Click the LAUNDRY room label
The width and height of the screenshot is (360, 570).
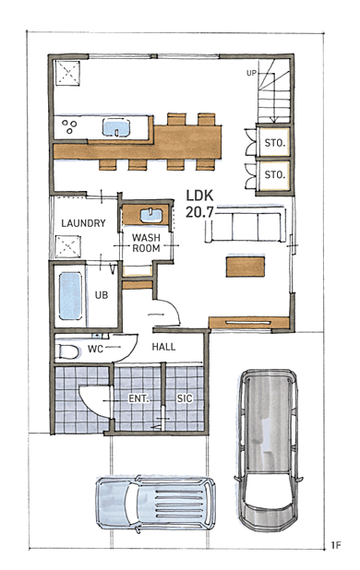(x=83, y=223)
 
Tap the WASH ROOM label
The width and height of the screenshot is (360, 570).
(x=146, y=243)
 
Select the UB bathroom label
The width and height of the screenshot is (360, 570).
(x=102, y=295)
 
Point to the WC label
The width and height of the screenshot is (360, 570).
(x=96, y=349)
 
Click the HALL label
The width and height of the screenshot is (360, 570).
(x=163, y=347)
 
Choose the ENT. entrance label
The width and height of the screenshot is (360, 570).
(x=138, y=398)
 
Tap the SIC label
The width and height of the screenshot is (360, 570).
(x=185, y=398)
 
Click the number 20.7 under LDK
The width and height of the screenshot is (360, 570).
(x=199, y=212)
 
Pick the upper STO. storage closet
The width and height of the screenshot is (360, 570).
(x=274, y=142)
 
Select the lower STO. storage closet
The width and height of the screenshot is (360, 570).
(x=274, y=175)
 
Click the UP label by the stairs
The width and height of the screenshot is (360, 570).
(x=251, y=73)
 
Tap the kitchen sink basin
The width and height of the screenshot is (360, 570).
(x=116, y=128)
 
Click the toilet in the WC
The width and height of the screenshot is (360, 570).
(x=69, y=351)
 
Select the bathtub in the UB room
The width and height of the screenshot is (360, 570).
(x=70, y=296)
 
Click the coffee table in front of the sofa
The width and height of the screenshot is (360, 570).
(x=246, y=267)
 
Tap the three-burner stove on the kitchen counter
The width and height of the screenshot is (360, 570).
(x=69, y=127)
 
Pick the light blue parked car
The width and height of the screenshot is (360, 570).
(x=156, y=503)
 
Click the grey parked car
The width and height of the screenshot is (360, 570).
(x=269, y=449)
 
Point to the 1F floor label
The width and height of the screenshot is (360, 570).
(x=336, y=545)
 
